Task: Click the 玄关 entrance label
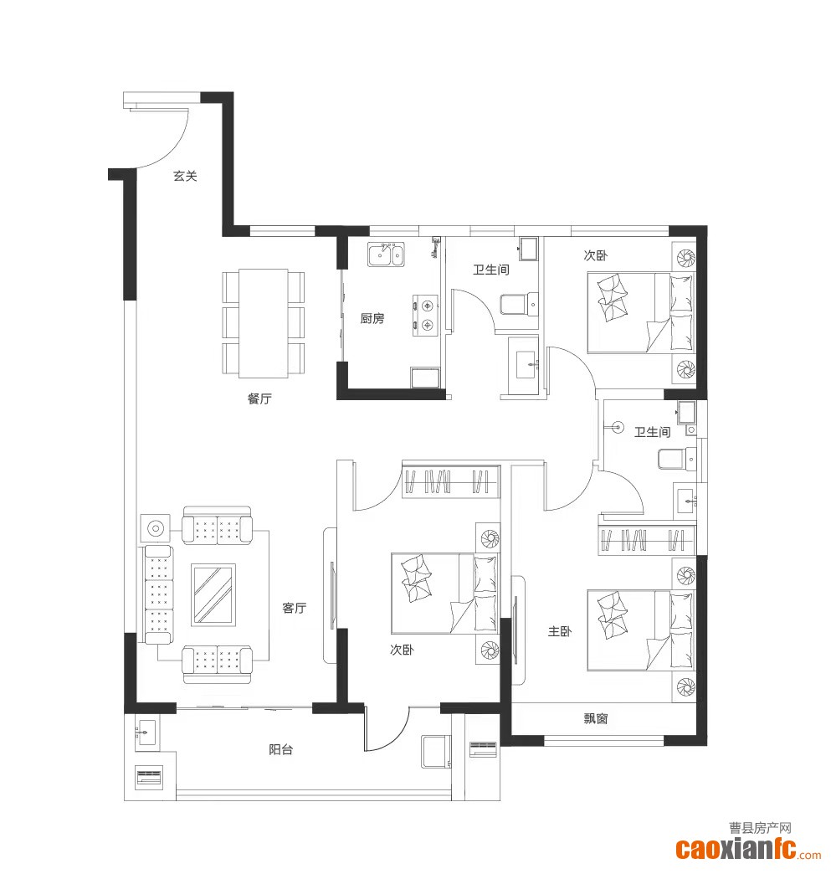click(185, 176)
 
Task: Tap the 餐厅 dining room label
click(259, 398)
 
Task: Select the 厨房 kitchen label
click(372, 318)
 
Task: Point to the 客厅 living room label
click(295, 608)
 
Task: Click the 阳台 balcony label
click(280, 750)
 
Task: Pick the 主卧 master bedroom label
click(560, 631)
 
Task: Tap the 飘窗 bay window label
click(596, 718)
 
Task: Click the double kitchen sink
click(386, 254)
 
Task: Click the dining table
click(264, 323)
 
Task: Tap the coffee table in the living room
click(213, 594)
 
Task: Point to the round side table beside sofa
click(156, 528)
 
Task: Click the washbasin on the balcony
click(146, 732)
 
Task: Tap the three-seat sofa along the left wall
click(159, 594)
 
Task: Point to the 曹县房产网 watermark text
click(760, 828)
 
